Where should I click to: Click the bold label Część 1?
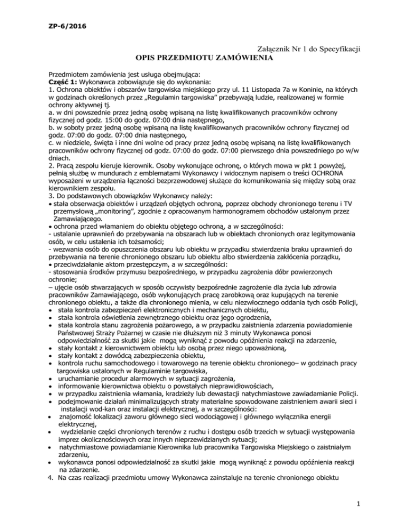63,81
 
